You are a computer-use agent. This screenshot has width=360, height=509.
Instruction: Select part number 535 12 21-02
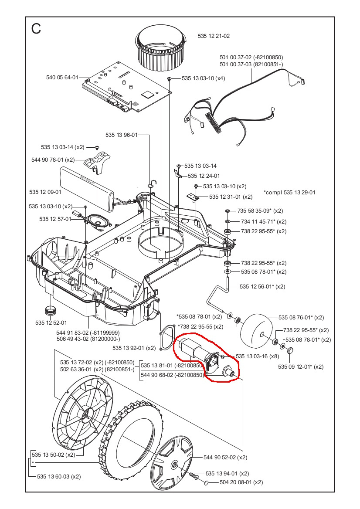(x=214, y=36)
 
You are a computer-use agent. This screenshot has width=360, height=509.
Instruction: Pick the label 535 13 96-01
(x=121, y=135)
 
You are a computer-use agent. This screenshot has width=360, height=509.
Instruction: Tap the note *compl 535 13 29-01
(x=289, y=192)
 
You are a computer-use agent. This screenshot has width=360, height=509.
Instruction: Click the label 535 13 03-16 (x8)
(x=257, y=356)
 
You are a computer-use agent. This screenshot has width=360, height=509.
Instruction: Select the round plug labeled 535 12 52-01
(x=51, y=311)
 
